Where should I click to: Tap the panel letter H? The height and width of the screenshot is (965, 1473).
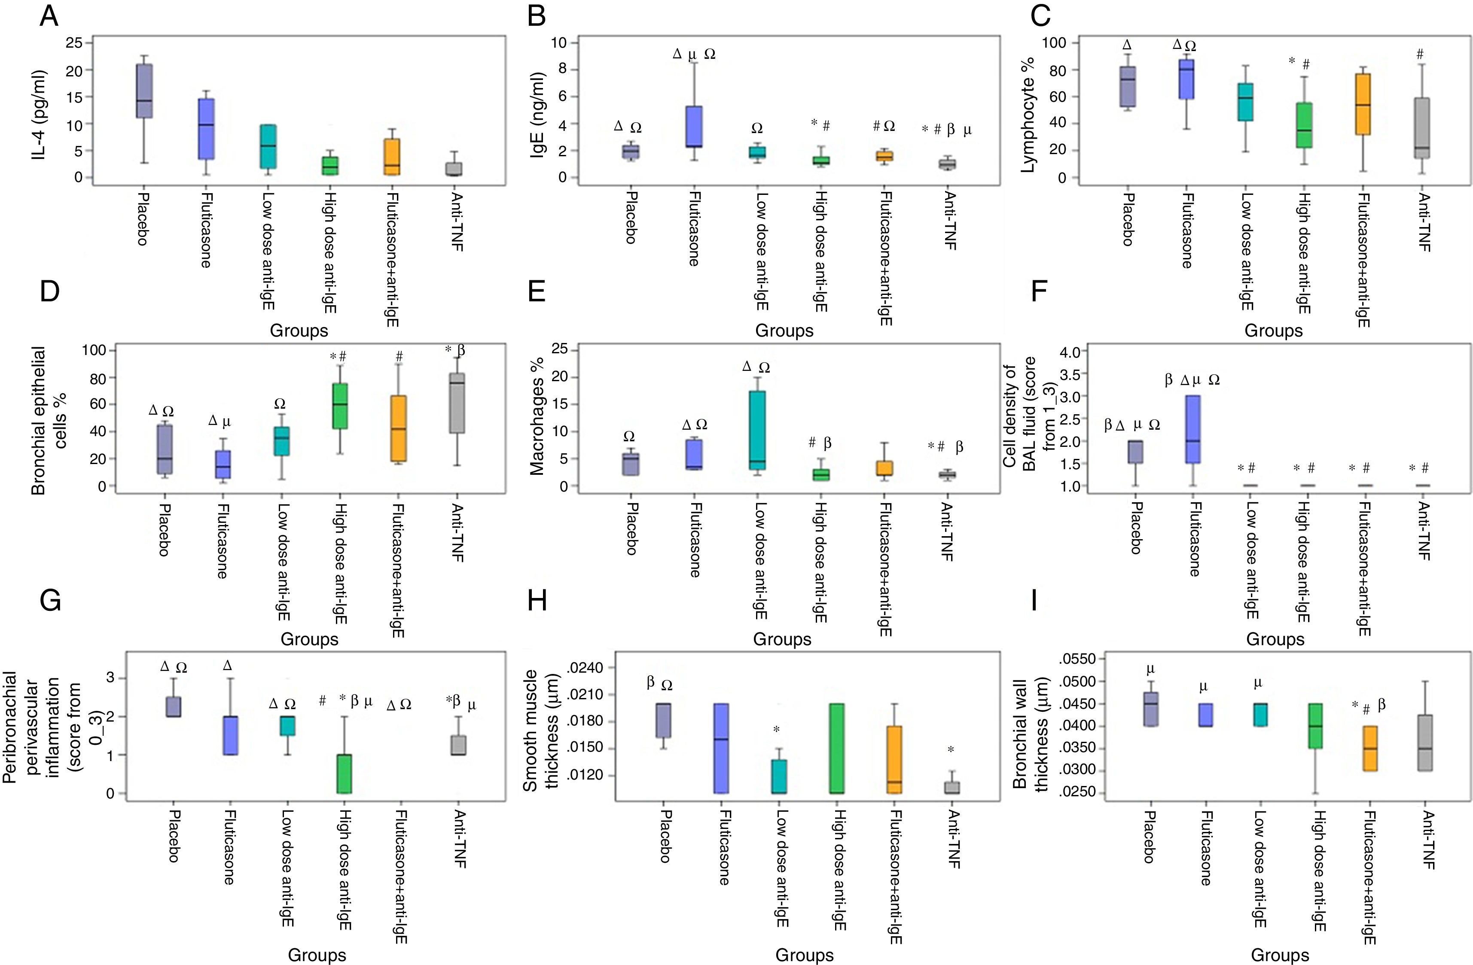537,601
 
